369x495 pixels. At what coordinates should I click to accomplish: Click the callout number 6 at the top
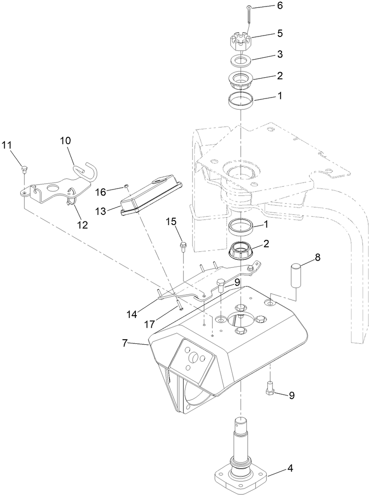[279, 6]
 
